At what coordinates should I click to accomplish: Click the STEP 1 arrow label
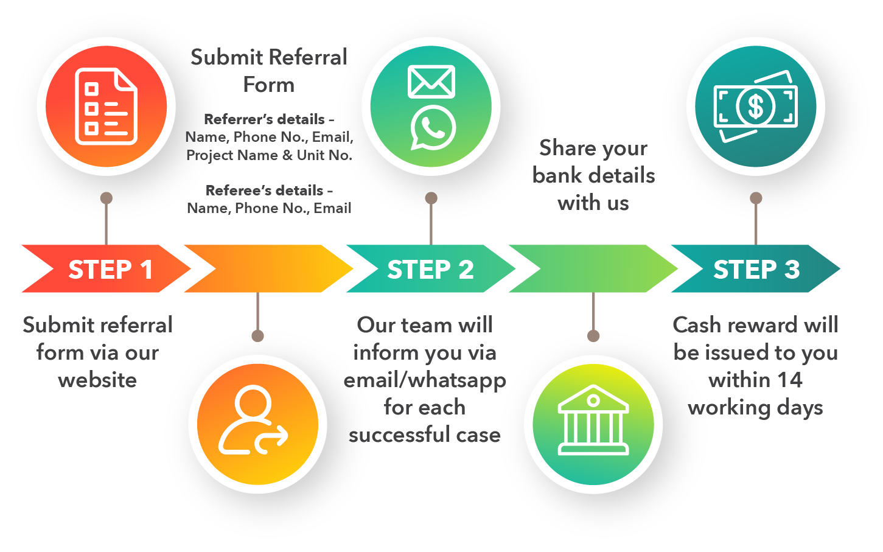click(110, 270)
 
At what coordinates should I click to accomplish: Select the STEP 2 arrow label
click(430, 270)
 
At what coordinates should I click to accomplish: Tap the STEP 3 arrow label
click(756, 270)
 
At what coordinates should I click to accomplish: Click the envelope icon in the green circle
click(431, 82)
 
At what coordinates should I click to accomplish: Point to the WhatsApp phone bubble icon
click(433, 128)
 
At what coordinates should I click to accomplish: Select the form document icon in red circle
click(106, 107)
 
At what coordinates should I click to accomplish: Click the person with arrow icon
click(253, 422)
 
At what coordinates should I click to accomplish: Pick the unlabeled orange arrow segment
click(268, 269)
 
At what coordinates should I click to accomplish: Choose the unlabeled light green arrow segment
click(593, 269)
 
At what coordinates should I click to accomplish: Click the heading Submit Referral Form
click(268, 71)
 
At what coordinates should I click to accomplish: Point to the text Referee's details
click(265, 190)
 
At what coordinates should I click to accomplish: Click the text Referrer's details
click(265, 119)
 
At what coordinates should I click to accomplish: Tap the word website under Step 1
click(97, 380)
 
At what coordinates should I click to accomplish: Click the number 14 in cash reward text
click(789, 380)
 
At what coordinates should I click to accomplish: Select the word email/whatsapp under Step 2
click(425, 380)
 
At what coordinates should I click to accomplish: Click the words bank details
click(593, 175)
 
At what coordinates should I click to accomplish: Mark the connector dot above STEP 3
click(756, 198)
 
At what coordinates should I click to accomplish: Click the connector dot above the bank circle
click(593, 336)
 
